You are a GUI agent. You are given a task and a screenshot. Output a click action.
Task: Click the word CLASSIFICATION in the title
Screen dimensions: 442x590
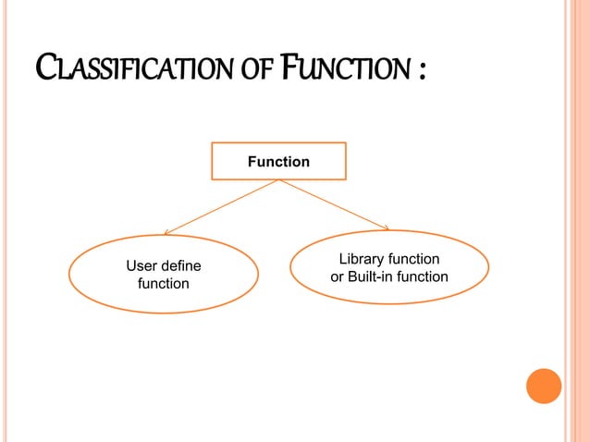point(138,69)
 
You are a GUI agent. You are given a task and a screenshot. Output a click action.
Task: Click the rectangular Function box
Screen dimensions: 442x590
point(278,161)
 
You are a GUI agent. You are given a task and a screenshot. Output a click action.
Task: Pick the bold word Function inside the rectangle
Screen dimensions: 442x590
point(278,162)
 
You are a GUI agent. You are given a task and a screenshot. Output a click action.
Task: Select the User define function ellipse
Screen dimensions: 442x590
point(163,275)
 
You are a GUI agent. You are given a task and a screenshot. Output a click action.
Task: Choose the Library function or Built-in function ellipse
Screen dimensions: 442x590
point(388,267)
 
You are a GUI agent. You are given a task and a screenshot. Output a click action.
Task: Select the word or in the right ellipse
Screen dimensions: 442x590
point(338,276)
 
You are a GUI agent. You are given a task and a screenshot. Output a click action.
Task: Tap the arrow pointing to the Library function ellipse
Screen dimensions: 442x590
point(335,204)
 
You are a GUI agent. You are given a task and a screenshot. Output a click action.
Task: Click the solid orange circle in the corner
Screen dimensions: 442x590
point(544,386)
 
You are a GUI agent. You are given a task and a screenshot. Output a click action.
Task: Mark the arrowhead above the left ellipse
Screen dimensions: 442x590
point(166,232)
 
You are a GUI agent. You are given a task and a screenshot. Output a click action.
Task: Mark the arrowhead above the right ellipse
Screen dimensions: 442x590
point(387,227)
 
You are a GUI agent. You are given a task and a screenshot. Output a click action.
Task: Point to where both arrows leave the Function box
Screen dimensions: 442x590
point(278,179)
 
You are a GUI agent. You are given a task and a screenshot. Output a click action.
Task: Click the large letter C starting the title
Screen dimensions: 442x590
point(44,68)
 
